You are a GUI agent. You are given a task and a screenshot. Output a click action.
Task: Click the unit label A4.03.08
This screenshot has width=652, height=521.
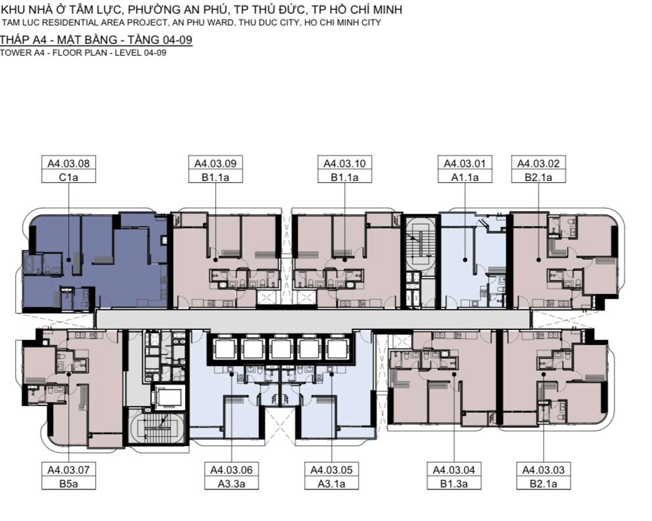69,163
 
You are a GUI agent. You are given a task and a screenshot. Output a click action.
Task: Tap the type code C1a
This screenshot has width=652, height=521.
69,178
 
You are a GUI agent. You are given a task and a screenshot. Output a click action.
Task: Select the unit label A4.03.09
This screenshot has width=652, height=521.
215,163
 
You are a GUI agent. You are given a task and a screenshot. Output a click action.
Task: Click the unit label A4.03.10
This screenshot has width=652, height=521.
345,163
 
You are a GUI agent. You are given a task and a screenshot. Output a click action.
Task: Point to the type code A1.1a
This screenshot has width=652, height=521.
465,178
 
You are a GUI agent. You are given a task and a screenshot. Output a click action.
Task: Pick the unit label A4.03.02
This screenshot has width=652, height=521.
539,163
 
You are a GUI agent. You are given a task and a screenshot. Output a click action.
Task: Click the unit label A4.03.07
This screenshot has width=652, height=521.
69,470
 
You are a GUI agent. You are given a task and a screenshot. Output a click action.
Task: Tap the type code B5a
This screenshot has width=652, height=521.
69,484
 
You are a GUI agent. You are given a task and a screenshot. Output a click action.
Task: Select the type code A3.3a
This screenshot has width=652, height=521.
232,484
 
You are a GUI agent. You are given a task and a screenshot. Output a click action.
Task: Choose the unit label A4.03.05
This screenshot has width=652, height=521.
332,470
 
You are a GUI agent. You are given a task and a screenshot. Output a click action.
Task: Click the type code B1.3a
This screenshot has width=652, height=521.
454,484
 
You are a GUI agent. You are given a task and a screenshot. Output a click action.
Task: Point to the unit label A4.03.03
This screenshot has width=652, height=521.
544,470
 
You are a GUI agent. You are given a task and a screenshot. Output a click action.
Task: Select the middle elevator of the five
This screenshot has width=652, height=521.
281,349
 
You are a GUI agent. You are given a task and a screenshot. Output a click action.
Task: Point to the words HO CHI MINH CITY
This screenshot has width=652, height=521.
342,22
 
